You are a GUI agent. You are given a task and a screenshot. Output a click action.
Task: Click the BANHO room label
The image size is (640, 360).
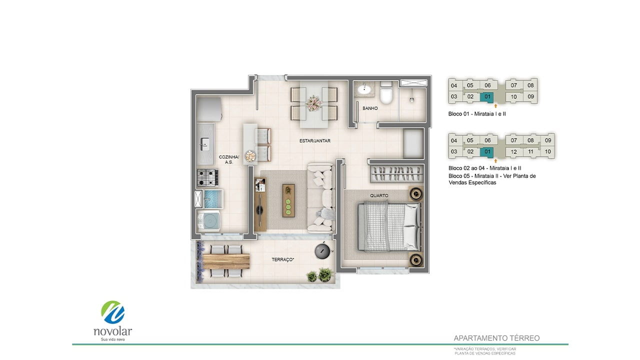[370, 108]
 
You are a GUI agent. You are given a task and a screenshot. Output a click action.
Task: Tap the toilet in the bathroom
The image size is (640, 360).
[386, 92]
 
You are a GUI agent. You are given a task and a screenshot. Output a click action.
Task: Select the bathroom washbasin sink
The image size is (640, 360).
[364, 89]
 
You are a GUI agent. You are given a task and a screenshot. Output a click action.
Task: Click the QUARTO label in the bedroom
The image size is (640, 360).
[379, 195]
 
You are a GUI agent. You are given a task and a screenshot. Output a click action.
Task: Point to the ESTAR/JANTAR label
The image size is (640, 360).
[315, 141]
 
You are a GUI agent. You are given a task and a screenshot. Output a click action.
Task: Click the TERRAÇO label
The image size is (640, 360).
[283, 259]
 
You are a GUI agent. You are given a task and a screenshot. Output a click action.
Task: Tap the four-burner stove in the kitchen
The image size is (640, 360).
[207, 177]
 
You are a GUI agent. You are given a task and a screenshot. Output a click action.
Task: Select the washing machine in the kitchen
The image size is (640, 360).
[208, 220]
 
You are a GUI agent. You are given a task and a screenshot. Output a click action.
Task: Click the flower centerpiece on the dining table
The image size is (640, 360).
[313, 103]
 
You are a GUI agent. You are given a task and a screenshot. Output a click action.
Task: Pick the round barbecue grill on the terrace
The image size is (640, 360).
[323, 251]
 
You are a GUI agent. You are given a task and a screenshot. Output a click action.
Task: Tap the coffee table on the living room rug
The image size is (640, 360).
[288, 200]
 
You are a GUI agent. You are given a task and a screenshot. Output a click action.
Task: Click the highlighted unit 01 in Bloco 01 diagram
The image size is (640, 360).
[487, 97]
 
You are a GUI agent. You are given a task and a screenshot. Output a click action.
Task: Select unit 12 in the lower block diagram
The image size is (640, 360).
[513, 151]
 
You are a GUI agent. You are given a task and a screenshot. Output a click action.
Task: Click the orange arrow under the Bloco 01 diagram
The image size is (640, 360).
[495, 105]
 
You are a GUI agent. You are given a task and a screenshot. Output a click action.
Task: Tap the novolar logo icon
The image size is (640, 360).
[113, 312]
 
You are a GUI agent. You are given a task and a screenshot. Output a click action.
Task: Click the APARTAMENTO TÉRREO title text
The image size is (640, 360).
[496, 338]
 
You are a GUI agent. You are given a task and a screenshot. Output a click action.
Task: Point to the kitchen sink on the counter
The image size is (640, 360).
[204, 143]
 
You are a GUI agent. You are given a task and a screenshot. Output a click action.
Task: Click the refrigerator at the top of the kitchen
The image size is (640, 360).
[209, 109]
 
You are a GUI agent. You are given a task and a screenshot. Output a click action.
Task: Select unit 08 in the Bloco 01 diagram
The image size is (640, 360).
[530, 85]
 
